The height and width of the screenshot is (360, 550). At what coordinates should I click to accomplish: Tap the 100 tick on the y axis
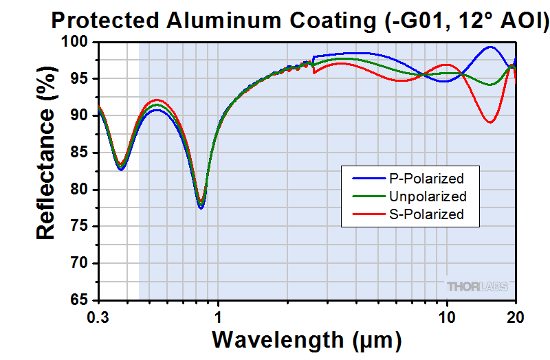(78, 43)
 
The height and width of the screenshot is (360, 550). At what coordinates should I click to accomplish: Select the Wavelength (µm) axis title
(306, 339)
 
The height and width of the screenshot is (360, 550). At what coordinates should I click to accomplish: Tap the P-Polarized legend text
(426, 179)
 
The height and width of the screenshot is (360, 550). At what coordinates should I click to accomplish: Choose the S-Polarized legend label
(426, 214)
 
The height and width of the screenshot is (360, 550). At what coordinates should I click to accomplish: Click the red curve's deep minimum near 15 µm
(490, 122)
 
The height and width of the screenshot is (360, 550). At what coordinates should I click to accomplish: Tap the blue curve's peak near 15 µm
(489, 47)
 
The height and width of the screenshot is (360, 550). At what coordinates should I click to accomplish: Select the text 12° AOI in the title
(507, 21)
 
